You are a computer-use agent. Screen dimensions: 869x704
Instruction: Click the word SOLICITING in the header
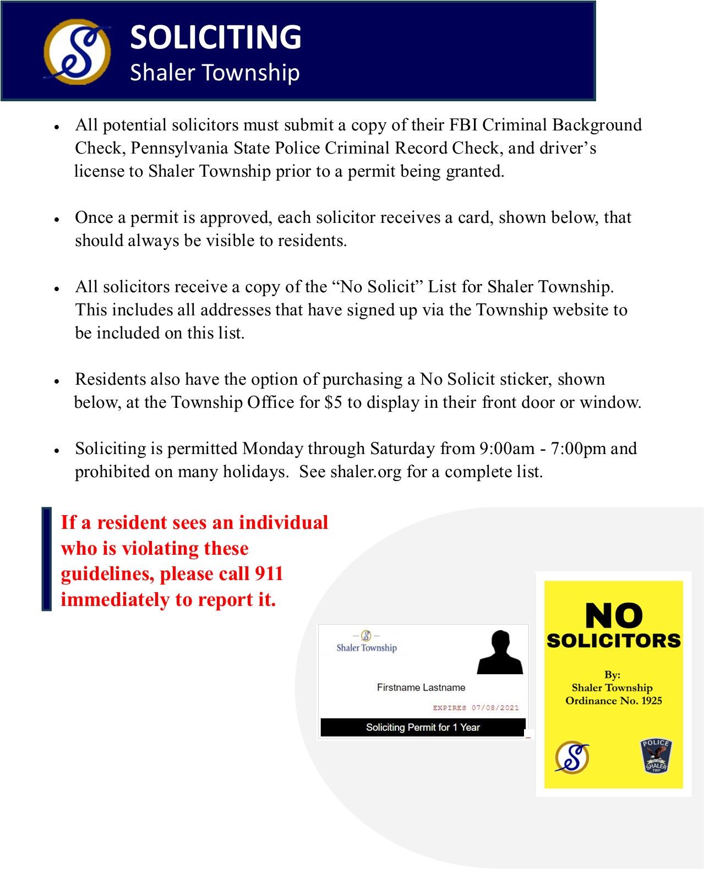point(215,37)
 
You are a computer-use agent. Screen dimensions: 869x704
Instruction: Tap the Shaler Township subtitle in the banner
point(215,73)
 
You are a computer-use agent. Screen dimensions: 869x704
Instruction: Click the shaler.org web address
point(366,472)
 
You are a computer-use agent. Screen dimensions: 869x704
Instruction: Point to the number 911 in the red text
point(269,573)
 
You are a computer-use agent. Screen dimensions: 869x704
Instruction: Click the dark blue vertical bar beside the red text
point(47,559)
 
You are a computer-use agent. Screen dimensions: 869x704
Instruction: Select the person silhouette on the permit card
point(499,653)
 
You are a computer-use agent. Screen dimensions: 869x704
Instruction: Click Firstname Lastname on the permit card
point(421,687)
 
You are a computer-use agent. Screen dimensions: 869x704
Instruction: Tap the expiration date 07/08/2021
point(495,708)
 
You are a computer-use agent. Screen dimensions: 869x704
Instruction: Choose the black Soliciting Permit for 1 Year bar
point(423,728)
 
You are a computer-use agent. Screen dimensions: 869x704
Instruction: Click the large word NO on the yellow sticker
point(613,615)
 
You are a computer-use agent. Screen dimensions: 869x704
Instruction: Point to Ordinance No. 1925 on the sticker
point(613,701)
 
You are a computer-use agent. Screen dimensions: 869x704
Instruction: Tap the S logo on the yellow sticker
point(572,757)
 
